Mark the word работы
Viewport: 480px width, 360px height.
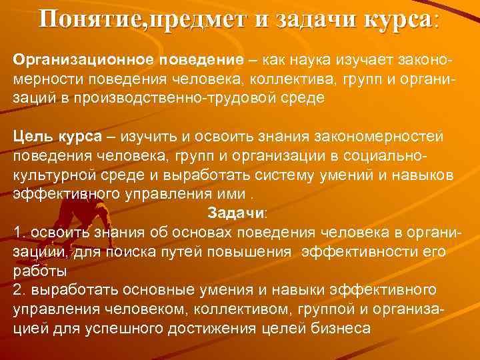pos(39,272)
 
